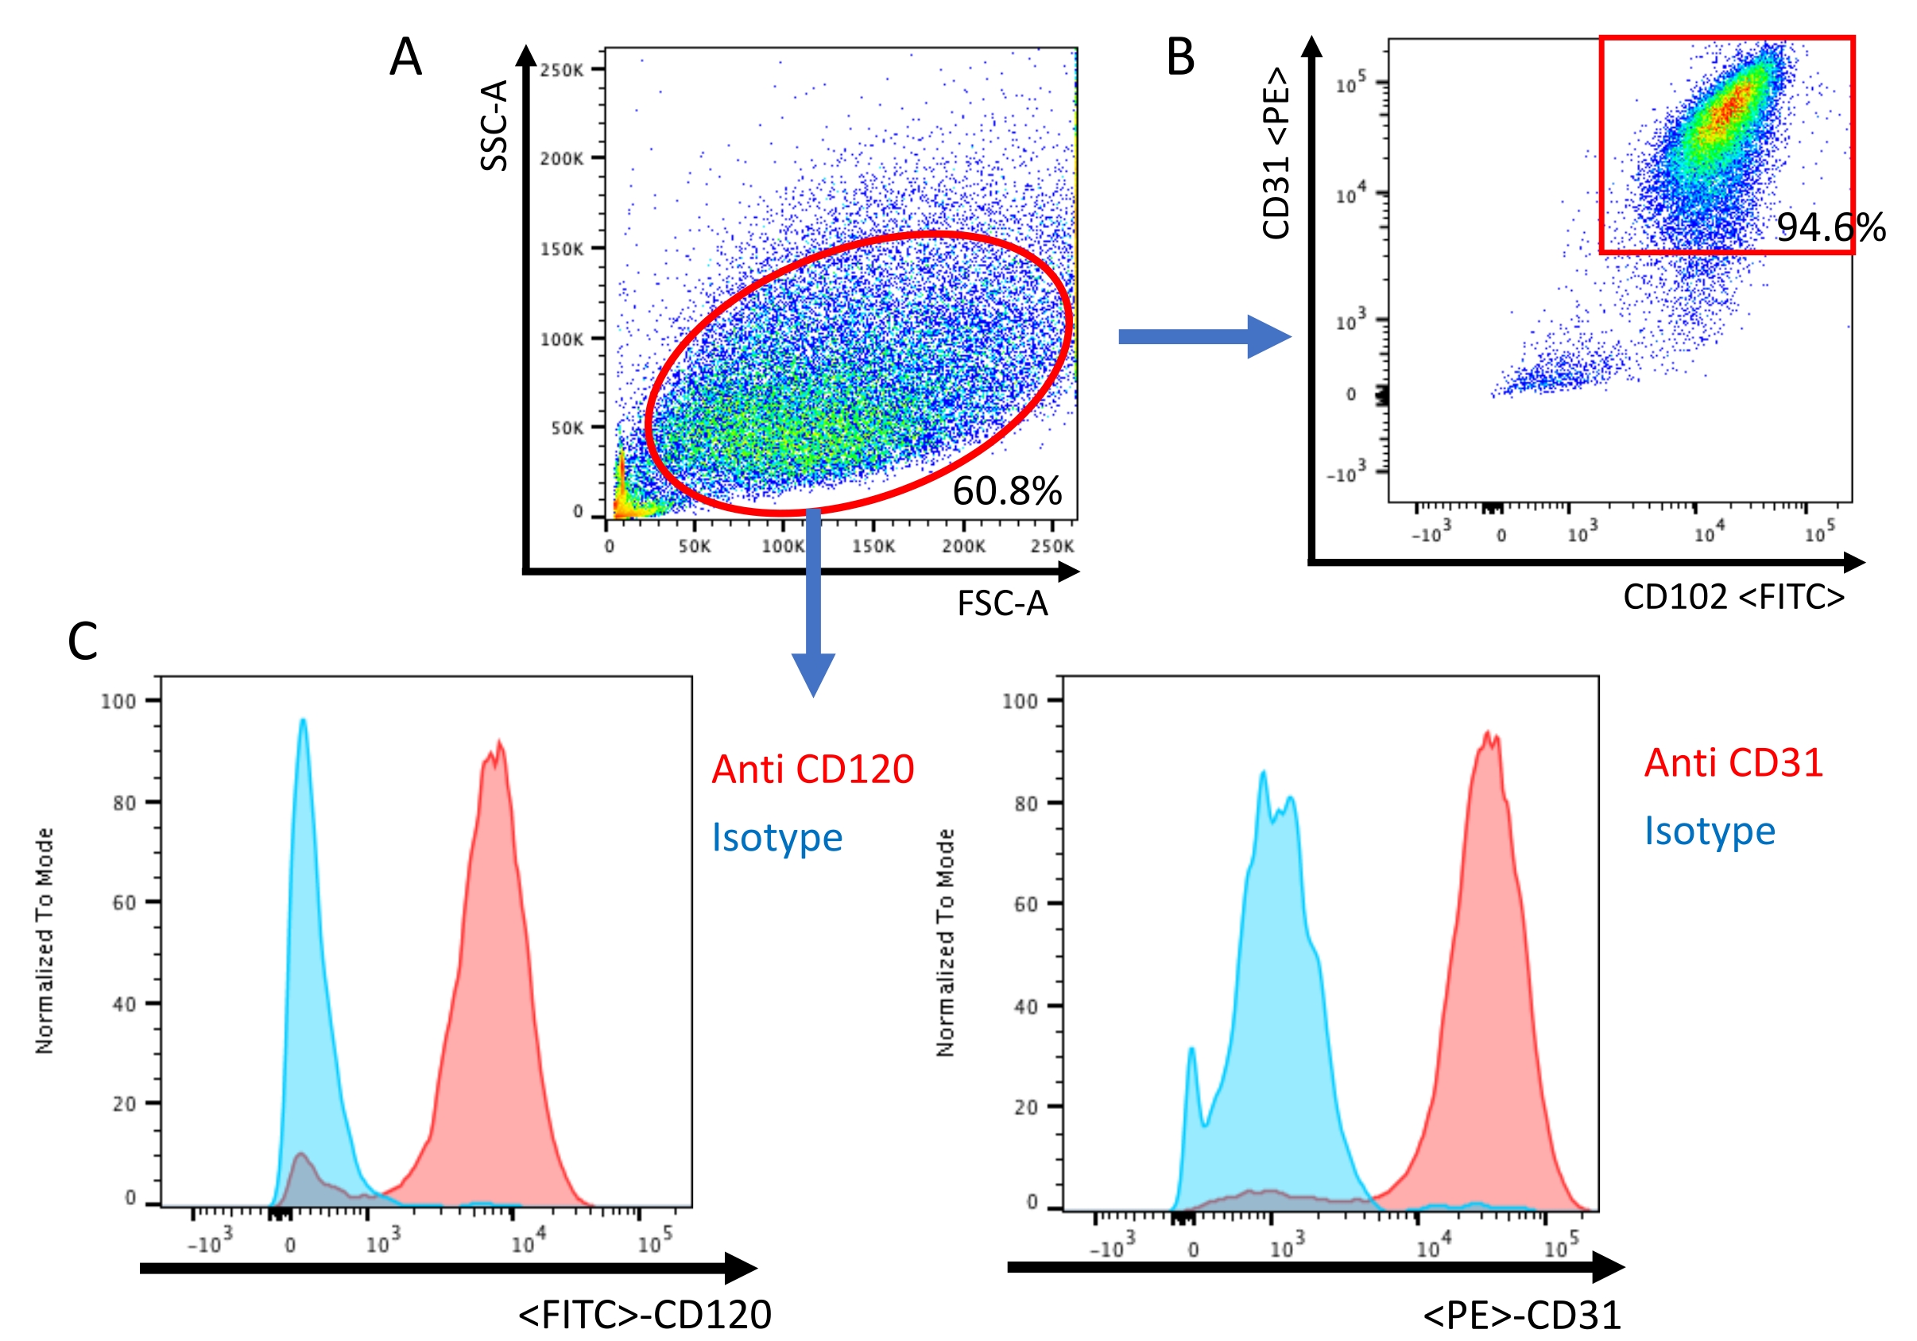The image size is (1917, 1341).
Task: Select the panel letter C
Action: click(x=83, y=641)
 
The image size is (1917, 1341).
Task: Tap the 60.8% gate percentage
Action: click(x=1007, y=490)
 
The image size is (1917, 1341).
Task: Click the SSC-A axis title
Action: click(x=494, y=126)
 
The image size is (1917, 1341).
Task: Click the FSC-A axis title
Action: click(x=1002, y=603)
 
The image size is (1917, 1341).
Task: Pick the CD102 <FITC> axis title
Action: click(x=1733, y=596)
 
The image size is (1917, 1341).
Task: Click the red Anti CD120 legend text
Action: click(x=812, y=768)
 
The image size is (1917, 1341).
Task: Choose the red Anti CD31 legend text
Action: click(x=1733, y=762)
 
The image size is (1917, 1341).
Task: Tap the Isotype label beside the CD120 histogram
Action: click(x=776, y=837)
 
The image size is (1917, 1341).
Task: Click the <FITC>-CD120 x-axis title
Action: click(x=645, y=1313)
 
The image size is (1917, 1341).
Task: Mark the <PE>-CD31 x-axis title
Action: click(x=1521, y=1314)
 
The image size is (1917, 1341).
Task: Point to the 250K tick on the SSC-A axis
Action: click(x=561, y=70)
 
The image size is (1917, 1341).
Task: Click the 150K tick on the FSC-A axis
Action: click(x=873, y=546)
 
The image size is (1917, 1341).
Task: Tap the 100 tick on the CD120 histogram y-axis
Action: click(x=118, y=701)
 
